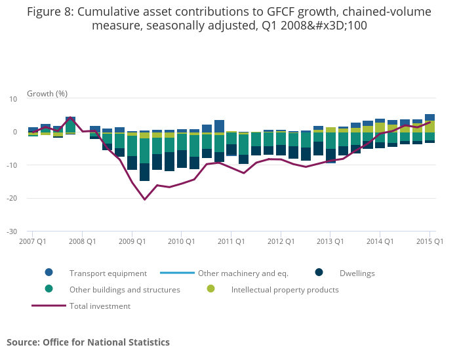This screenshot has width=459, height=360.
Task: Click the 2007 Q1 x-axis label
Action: pos(32,241)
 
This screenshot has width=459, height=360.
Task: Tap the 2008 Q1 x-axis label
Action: pos(82,241)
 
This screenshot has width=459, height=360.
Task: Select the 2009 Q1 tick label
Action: pos(132,241)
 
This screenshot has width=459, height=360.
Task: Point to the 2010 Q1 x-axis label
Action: pos(182,241)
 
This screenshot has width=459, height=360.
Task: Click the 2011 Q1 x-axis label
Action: pos(231,241)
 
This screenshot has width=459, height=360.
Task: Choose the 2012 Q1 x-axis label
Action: pos(281,241)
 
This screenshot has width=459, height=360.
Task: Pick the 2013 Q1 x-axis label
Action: pos(330,241)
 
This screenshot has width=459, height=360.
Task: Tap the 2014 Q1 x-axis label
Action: pos(380,241)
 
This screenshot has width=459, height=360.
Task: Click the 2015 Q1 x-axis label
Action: pos(430,241)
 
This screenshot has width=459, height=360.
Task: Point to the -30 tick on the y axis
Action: pos(12,231)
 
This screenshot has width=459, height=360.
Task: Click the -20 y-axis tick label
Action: pos(12,198)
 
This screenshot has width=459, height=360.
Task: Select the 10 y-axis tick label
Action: pos(13,99)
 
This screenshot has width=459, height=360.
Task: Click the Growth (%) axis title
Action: pos(47,94)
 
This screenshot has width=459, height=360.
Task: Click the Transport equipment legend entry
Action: pos(108,273)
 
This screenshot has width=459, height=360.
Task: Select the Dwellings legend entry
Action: pos(357,273)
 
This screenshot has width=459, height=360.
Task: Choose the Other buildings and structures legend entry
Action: pos(125,289)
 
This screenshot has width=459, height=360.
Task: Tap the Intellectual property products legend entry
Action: pos(285,289)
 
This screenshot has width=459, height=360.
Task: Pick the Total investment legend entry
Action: pos(100,306)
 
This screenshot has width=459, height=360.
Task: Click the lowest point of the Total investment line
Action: pos(144,199)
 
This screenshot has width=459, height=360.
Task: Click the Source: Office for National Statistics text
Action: pos(88,342)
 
